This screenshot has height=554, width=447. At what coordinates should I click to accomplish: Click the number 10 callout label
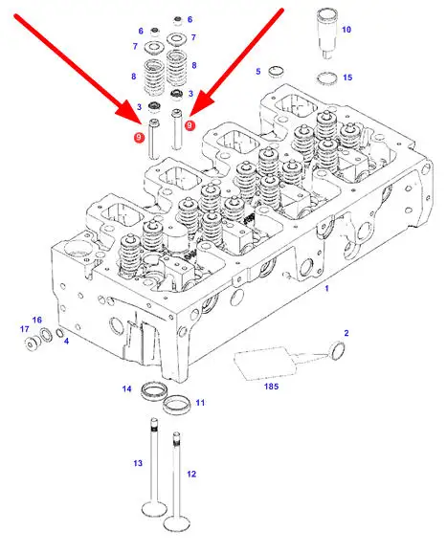pos(346,30)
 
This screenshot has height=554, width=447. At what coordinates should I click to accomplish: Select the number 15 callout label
pos(347,77)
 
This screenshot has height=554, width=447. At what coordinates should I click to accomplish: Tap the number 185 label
pos(271,387)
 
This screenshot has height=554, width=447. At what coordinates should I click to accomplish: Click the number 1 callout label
pos(326,288)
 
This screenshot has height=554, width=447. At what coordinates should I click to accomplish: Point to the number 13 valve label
pos(138,463)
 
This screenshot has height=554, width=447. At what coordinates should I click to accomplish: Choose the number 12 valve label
pos(191,474)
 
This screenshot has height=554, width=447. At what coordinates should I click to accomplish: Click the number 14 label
pos(126,388)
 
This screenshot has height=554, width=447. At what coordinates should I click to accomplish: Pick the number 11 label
pos(200,403)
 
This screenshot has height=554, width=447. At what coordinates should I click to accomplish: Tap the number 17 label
pos(24,329)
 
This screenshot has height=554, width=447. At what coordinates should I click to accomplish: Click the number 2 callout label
pos(346,333)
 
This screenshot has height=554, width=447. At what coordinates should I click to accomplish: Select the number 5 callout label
pos(257,72)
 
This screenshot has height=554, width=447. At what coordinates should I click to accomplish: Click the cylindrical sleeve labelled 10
pos(327,33)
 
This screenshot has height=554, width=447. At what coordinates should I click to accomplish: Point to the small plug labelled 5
pos(276,72)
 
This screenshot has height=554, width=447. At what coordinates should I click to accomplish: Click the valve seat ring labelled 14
pos(154,391)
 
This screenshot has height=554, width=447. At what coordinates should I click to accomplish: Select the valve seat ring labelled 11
pos(177,405)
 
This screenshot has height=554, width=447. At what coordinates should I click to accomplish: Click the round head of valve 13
pos(154,509)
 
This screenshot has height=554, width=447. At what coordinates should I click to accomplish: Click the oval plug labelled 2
pos(338,350)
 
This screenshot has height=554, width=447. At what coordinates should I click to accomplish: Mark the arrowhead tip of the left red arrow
pos(142,124)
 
